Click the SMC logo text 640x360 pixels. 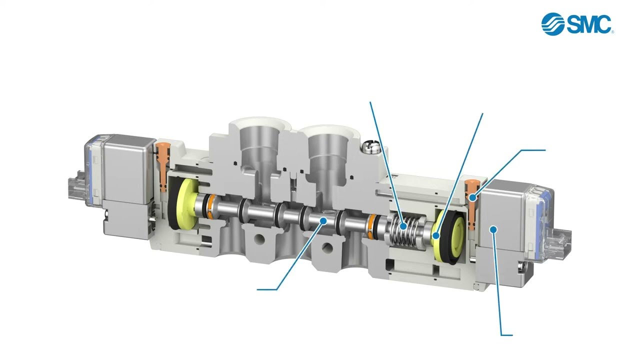tap(588, 24)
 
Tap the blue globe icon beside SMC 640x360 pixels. tap(552, 24)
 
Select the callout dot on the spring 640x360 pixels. tap(403, 226)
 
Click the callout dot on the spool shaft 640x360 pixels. tap(323, 220)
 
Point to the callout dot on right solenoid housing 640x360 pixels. tap(493, 229)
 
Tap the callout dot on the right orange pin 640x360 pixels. tap(473, 197)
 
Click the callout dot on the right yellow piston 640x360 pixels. tap(435, 235)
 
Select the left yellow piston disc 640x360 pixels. tap(187, 204)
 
